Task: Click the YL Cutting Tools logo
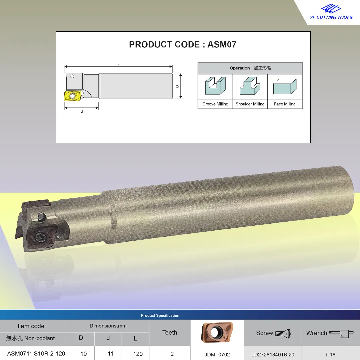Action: pyautogui.click(x=331, y=12)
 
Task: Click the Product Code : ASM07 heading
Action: pyautogui.click(x=183, y=45)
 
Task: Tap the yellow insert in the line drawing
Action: pyautogui.click(x=73, y=96)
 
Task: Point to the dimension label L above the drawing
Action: pyautogui.click(x=118, y=63)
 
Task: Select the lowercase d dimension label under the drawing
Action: pyautogui.click(x=82, y=112)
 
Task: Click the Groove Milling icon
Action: pyautogui.click(x=215, y=86)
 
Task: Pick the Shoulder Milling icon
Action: pyautogui.click(x=250, y=86)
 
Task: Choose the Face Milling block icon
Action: pyautogui.click(x=285, y=87)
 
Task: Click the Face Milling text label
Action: pyautogui.click(x=285, y=104)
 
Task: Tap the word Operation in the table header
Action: pyautogui.click(x=240, y=68)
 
